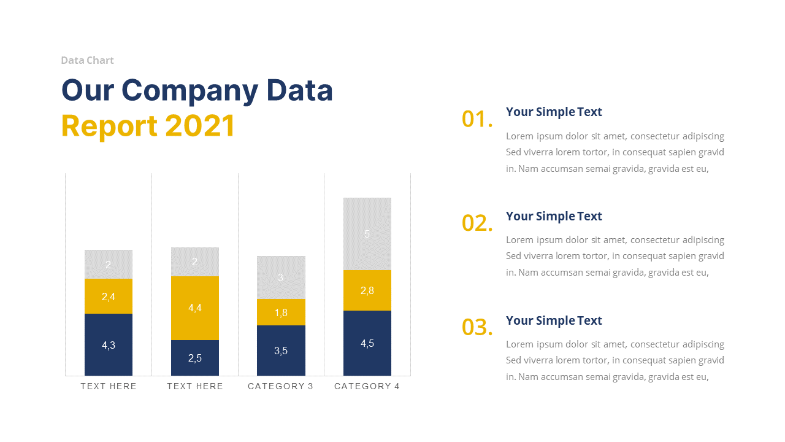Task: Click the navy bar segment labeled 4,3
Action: [x=109, y=344]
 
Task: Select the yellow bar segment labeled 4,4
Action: [x=195, y=308]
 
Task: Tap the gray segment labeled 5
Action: [x=367, y=234]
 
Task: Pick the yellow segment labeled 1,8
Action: [x=281, y=312]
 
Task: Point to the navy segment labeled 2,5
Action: [x=195, y=358]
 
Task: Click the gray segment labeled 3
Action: [x=281, y=277]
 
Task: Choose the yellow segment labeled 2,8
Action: [x=367, y=290]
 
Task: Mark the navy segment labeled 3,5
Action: [x=281, y=351]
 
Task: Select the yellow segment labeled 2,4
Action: [x=109, y=297]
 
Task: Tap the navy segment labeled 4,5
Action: [x=367, y=343]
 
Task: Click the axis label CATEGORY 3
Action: [x=280, y=386]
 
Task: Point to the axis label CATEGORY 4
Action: [x=367, y=386]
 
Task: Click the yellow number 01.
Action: [x=477, y=119]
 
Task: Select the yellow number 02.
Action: [x=477, y=223]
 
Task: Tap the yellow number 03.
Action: [x=477, y=328]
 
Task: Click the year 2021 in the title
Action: [x=200, y=126]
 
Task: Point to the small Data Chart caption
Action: [x=87, y=60]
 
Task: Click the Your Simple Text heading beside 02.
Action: [x=554, y=216]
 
